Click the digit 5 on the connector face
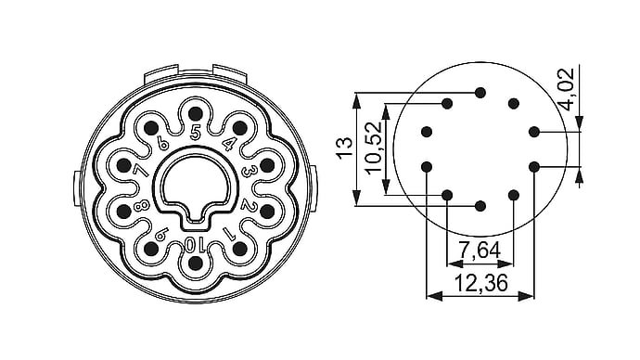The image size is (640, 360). tap(196, 133)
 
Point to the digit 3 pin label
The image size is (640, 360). tap(248, 171)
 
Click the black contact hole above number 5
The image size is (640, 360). tap(196, 113)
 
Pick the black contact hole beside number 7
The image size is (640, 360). tap(123, 165)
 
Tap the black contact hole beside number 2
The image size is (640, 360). tap(267, 211)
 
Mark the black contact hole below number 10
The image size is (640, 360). tap(196, 264)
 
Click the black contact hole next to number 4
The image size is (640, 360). tap(240, 128)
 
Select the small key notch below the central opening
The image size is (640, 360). tap(196, 215)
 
